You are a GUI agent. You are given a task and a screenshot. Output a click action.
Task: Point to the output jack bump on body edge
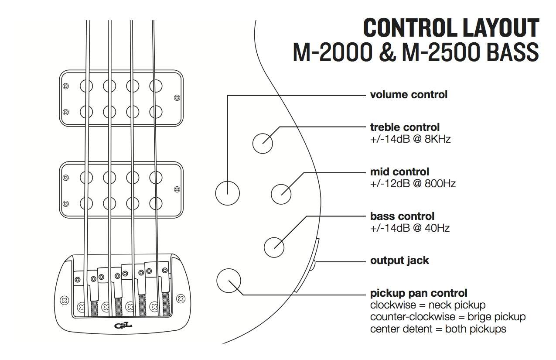[314, 266]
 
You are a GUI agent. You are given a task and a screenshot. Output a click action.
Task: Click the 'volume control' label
[409, 95]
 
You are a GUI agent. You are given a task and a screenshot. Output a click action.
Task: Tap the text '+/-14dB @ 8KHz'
[410, 139]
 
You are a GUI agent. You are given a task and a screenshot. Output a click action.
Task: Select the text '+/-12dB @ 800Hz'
[413, 184]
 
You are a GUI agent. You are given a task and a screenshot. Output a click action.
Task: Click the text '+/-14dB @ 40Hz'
[410, 228]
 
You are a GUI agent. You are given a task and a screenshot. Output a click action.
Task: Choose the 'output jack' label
[399, 261]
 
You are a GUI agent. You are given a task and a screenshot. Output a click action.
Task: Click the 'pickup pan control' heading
[419, 293]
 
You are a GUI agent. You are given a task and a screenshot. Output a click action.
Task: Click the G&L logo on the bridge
[123, 326]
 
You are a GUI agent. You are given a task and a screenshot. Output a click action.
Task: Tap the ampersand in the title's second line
[387, 52]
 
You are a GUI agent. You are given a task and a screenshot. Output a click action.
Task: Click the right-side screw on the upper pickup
[177, 98]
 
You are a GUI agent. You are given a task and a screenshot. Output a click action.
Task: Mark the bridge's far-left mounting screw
[65, 300]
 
